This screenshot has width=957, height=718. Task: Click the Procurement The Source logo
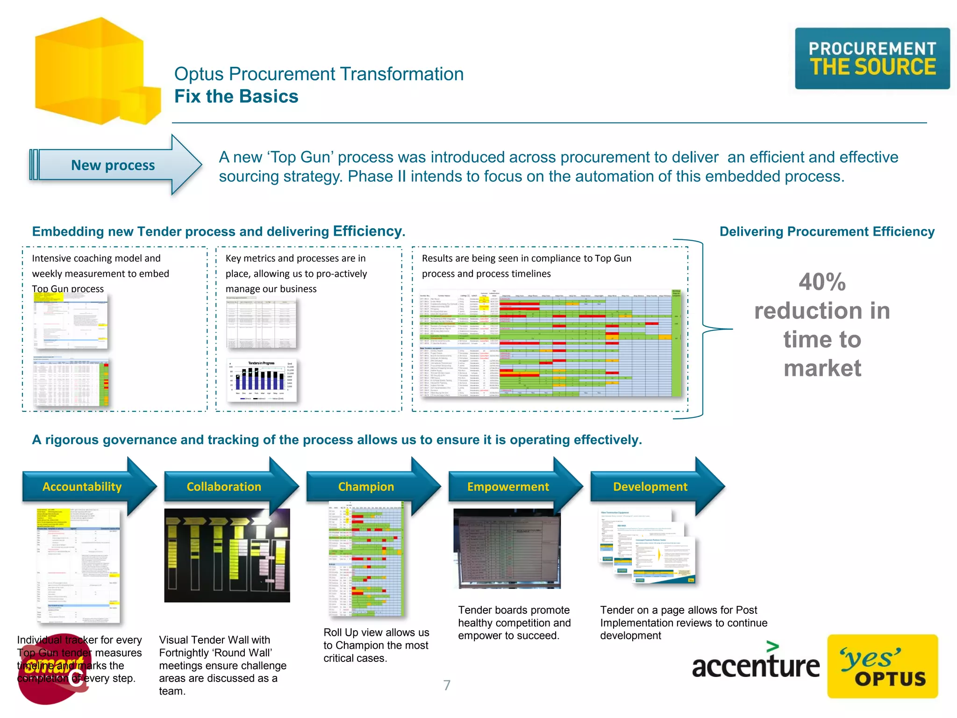coord(872,58)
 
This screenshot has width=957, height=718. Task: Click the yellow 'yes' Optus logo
coord(882,667)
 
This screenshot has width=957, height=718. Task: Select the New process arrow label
coord(113,165)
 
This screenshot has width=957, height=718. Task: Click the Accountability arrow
coord(82,487)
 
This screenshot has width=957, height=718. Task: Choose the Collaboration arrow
coord(224,487)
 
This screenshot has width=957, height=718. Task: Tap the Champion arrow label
coord(366,487)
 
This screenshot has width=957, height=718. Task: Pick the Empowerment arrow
coord(508,487)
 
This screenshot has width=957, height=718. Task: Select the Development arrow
coord(650,487)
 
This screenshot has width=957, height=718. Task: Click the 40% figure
coord(822,282)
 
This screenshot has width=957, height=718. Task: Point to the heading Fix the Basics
coord(236,96)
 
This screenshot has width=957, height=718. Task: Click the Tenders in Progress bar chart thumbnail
coord(262,380)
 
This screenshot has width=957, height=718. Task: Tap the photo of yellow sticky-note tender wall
coord(227,555)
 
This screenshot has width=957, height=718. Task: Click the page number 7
coord(447,685)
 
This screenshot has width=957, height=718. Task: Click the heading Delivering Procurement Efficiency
coord(827,231)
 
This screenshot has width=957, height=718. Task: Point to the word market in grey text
coord(822,368)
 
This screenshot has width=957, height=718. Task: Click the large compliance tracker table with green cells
coord(550,343)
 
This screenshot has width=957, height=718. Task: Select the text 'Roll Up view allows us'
coord(376,632)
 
